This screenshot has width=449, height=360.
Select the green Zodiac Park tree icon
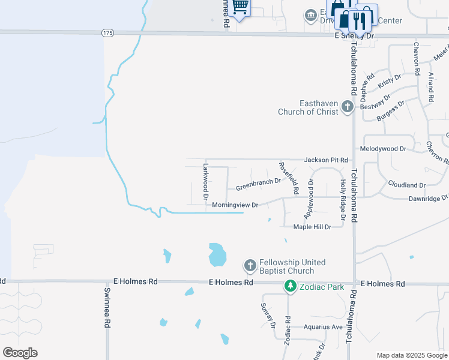tap(291, 287)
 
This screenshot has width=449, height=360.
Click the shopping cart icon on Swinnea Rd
tap(240, 7)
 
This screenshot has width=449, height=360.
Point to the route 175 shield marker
tap(107, 32)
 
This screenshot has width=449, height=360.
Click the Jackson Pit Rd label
tap(326, 160)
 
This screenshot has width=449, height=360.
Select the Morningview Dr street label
tap(235, 205)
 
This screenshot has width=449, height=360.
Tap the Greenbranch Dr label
tap(258, 184)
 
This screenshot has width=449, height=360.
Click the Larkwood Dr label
tap(205, 181)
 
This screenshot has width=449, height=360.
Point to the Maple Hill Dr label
tap(312, 227)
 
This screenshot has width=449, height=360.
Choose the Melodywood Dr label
tap(382, 148)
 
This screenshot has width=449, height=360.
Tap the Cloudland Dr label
tap(406, 185)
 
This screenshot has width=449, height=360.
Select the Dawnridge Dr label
tap(428, 198)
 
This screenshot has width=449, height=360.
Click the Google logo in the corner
tap(20, 353)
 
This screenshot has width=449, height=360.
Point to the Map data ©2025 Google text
tap(412, 355)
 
